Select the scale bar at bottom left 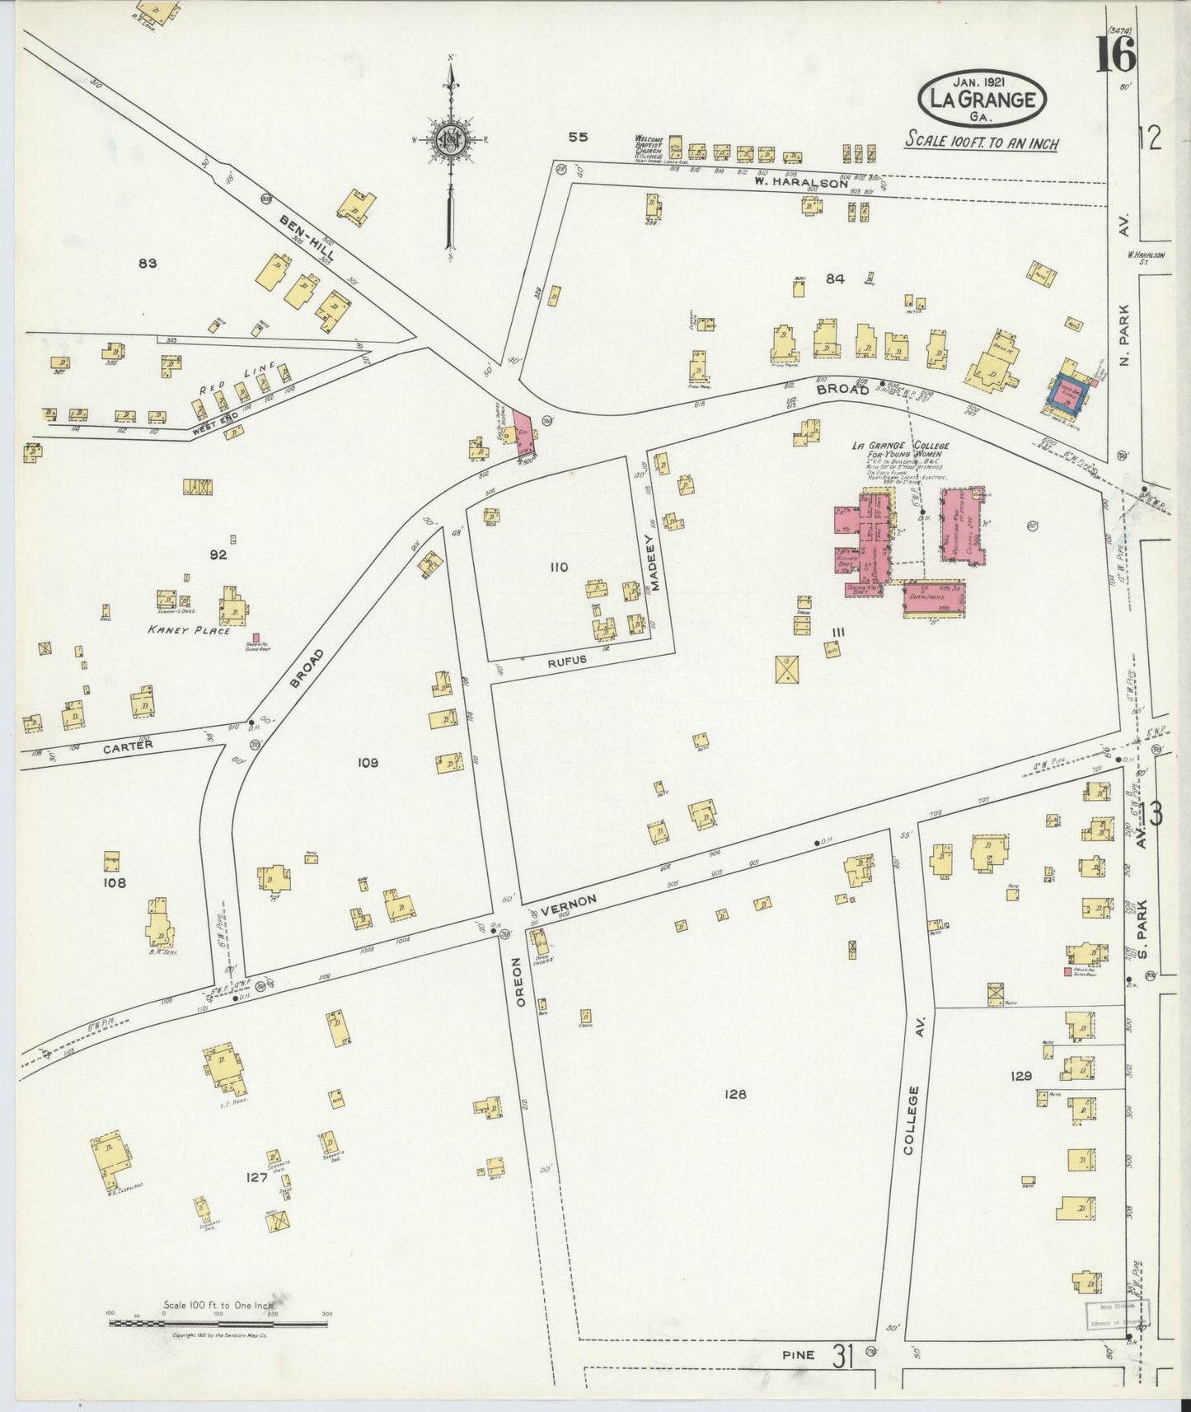tap(218, 1323)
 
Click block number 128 tap(734, 1094)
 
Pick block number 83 tap(148, 264)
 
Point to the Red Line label tap(242, 381)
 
